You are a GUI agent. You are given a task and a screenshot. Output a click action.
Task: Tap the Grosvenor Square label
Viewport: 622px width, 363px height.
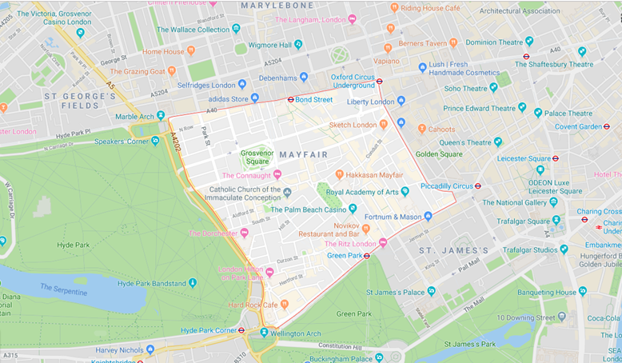(257, 156)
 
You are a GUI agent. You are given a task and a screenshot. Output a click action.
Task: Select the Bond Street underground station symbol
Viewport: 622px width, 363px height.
(290, 100)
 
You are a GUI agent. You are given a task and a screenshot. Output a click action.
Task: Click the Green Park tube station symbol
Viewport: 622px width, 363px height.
(366, 256)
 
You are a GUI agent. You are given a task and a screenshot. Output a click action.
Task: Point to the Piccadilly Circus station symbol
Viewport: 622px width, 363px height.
(477, 185)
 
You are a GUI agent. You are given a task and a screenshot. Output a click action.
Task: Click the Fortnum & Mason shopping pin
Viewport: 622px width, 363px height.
(428, 216)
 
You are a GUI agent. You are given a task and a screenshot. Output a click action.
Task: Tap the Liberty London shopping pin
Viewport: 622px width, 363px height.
(401, 101)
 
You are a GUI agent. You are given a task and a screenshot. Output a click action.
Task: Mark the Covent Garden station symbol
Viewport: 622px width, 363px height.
(606, 126)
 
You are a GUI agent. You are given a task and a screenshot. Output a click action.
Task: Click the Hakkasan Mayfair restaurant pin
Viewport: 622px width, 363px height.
(340, 174)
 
